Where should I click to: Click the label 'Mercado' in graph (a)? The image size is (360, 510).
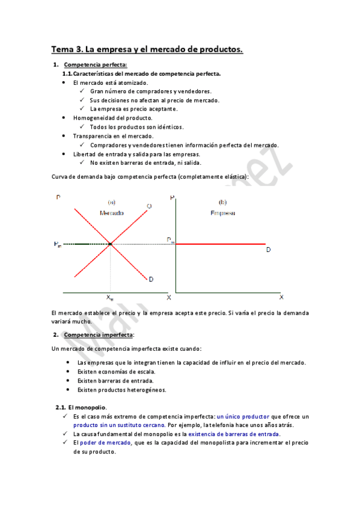112,214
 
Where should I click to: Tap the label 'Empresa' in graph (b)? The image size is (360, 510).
223,214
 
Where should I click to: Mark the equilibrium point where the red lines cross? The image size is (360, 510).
111,244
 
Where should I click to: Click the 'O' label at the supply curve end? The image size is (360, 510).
148,207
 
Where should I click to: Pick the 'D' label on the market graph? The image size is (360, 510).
151,279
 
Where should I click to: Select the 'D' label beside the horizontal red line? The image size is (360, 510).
268,250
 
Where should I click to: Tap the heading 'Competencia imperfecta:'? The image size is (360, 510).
99,334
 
